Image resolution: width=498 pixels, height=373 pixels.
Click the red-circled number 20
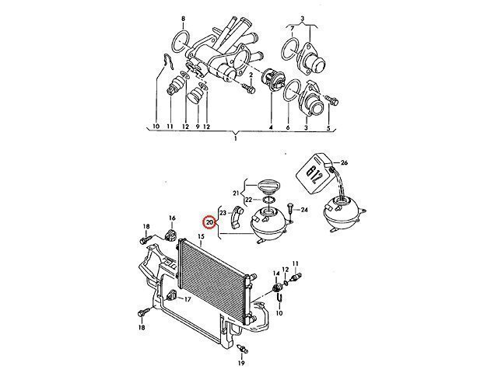[209, 223]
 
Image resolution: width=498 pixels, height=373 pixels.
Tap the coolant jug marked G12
[314, 173]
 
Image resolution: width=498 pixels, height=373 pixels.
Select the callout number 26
[344, 163]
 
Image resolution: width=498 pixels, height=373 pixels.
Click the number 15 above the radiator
[201, 236]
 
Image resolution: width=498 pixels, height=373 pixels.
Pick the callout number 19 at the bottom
[241, 364]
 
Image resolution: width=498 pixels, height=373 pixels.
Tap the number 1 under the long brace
[235, 138]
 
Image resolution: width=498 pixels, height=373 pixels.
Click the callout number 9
[198, 127]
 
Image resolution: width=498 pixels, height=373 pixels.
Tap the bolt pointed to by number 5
[332, 99]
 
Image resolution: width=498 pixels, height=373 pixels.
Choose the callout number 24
[304, 210]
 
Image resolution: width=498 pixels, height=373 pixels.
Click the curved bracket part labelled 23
[237, 218]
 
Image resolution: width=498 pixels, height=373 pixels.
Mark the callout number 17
[188, 299]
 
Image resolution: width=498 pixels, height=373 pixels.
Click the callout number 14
[276, 273]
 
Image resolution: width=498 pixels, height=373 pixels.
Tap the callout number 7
[293, 30]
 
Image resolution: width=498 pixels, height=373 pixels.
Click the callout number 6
[288, 127]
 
